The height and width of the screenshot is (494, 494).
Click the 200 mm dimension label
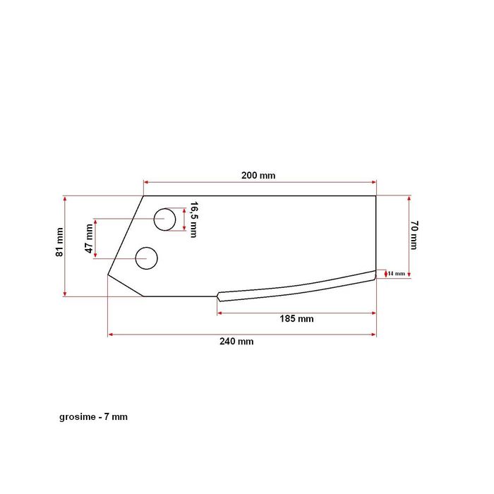(259, 175)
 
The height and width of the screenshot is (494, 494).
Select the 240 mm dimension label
(236, 342)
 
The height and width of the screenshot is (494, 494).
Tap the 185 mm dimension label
(296, 319)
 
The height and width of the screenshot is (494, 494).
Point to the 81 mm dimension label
(60, 242)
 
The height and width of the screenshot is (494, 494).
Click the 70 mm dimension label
(414, 235)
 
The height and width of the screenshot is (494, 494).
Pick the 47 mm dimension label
(89, 239)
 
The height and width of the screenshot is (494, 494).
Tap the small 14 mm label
(396, 273)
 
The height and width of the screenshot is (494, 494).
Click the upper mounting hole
(164, 219)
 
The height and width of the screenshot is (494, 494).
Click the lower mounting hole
(147, 258)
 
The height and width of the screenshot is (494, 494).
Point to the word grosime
(78, 417)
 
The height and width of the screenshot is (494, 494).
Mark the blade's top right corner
(375, 196)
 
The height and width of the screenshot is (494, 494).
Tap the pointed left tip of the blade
(108, 274)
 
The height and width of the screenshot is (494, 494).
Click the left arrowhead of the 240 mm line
(110, 335)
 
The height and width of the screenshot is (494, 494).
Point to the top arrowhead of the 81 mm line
(65, 198)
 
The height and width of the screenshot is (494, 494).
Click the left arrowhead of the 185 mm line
(219, 311)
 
